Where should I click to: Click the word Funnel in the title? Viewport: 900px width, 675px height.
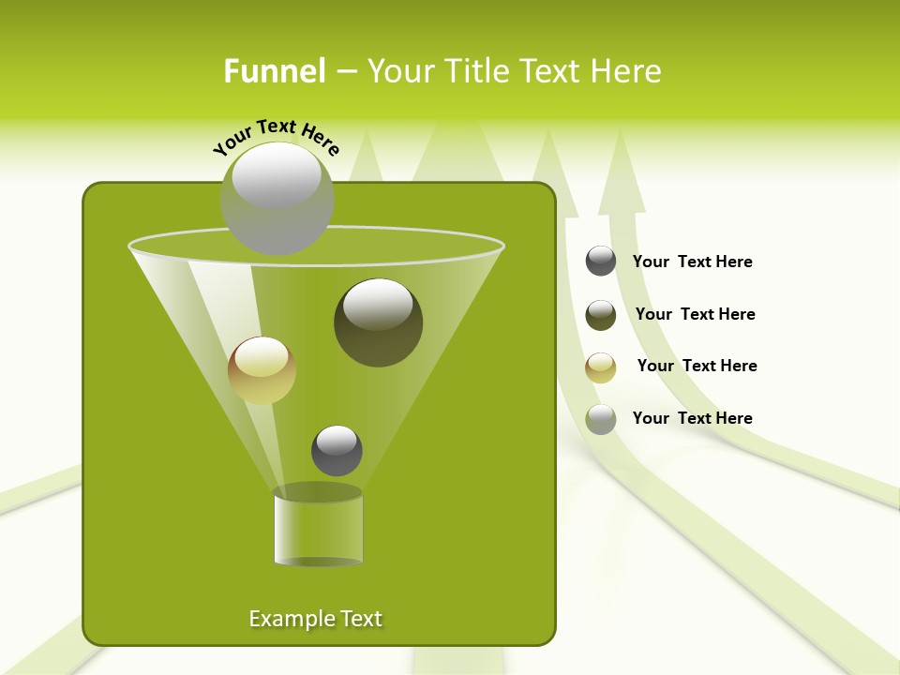pos(274,71)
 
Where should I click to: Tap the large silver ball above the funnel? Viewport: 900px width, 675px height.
pos(277,198)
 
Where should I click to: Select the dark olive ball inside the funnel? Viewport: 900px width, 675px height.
pos(379,322)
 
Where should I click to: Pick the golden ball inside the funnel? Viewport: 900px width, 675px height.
pos(262,370)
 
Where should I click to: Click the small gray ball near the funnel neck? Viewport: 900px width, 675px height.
pos(337,451)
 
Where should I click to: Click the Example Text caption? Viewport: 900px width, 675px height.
pos(315,619)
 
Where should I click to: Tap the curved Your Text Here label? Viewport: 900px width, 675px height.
pos(276,137)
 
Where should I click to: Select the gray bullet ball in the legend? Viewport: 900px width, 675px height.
pos(601,261)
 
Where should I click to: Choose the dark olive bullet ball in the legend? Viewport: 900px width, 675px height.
pos(601,315)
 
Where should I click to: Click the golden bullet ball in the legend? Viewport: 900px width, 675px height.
pos(601,367)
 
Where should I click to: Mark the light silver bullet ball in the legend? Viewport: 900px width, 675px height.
pos(601,419)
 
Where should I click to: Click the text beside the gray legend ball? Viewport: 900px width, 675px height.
pos(692,262)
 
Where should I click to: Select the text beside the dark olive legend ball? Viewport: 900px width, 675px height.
pos(695,314)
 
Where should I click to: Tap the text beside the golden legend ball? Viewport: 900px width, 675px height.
pos(697,366)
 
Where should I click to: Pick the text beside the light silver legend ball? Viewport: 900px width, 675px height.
pos(692,418)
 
